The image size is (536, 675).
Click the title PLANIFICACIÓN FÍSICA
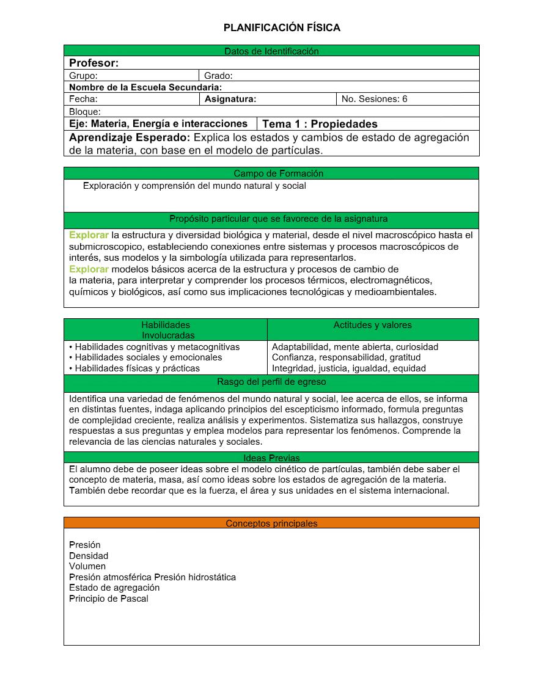pos(282,27)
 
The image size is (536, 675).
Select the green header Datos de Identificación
pos(271,51)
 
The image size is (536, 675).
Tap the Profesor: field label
pos(94,63)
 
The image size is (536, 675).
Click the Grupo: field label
pos(83,76)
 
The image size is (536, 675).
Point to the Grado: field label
pos(218,76)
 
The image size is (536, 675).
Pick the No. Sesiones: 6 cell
pos(374,99)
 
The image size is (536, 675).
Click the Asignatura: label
pos(230,99)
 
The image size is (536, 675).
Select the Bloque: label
pos(84,112)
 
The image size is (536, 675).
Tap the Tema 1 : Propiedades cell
pos(320,124)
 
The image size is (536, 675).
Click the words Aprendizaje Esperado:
pos(130,137)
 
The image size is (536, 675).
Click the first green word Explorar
pos(89,235)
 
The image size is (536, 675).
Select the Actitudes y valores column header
pos(372,325)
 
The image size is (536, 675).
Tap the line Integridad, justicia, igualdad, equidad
pos(348,368)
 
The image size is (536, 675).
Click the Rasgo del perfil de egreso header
pos(271,382)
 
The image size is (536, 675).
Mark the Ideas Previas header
pos(271,458)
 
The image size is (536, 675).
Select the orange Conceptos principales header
pos(271,523)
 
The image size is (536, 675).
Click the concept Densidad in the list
pos(89,556)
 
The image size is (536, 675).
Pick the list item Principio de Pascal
pos(109,599)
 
